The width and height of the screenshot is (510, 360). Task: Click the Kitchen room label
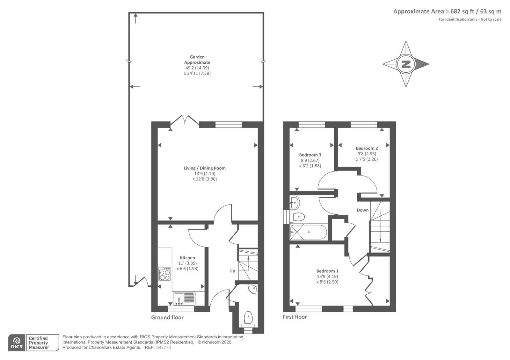click(187, 258)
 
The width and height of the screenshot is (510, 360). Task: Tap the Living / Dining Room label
click(205, 168)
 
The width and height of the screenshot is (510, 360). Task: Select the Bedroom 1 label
click(327, 271)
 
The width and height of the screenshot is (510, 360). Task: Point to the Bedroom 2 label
click(367, 148)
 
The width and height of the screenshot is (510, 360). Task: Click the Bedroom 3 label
click(310, 155)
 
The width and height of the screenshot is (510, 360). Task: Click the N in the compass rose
click(406, 64)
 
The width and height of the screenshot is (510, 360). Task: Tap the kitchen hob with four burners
click(164, 274)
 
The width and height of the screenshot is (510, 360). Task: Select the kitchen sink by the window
click(185, 299)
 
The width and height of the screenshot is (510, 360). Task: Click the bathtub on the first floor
click(309, 232)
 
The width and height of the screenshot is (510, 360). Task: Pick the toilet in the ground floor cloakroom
click(248, 319)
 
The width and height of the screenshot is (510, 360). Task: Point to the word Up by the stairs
click(232, 271)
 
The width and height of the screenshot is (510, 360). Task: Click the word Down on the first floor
click(362, 210)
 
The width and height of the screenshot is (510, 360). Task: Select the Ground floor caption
click(167, 317)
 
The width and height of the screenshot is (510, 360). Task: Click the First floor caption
click(295, 317)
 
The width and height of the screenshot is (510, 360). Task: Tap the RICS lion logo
click(17, 342)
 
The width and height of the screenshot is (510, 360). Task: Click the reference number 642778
click(164, 348)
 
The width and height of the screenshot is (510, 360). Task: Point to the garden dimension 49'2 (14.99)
click(197, 68)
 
